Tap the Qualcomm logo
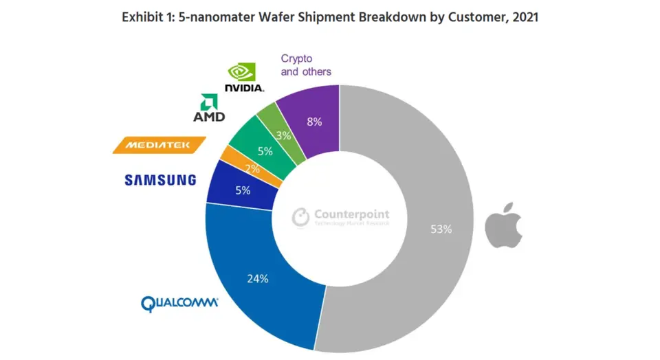pos(179,303)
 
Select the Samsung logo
pos(160,180)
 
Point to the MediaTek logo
pos(159,144)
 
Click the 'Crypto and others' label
pos(306,65)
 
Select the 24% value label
pos(258,279)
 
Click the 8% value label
pos(315,122)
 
